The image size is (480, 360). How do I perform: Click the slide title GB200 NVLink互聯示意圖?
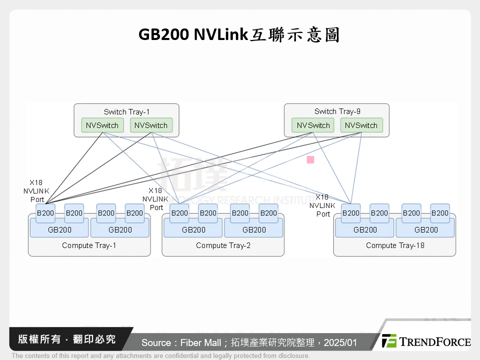pyautogui.click(x=239, y=35)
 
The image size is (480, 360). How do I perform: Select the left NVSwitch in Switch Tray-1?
pyautogui.click(x=102, y=125)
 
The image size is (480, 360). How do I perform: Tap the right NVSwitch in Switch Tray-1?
pyautogui.click(x=151, y=125)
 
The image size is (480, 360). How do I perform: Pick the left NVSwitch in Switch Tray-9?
pyautogui.click(x=313, y=125)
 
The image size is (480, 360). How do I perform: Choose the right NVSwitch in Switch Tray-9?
pyautogui.click(x=361, y=125)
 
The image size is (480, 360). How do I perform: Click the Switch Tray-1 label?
pyautogui.click(x=126, y=112)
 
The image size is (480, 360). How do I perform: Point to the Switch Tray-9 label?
pyautogui.click(x=336, y=112)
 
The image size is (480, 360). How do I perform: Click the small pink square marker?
pyautogui.click(x=310, y=160)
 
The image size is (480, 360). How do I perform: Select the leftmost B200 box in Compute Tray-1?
pyautogui.click(x=45, y=213)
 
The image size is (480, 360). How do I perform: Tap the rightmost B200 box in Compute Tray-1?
pyautogui.click(x=134, y=213)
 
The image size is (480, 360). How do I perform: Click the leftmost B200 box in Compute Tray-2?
pyautogui.click(x=179, y=213)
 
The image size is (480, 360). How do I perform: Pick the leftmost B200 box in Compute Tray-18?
pyautogui.click(x=350, y=213)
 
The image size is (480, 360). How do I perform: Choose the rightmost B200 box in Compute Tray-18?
pyautogui.click(x=440, y=213)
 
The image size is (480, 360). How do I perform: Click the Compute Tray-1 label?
pyautogui.click(x=88, y=245)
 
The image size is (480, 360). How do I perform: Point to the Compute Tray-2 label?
pyautogui.click(x=222, y=245)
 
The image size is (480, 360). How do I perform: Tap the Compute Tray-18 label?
pyautogui.click(x=394, y=245)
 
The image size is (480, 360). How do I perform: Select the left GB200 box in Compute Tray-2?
pyautogui.click(x=193, y=230)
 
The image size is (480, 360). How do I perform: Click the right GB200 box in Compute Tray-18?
pyautogui.click(x=425, y=230)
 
